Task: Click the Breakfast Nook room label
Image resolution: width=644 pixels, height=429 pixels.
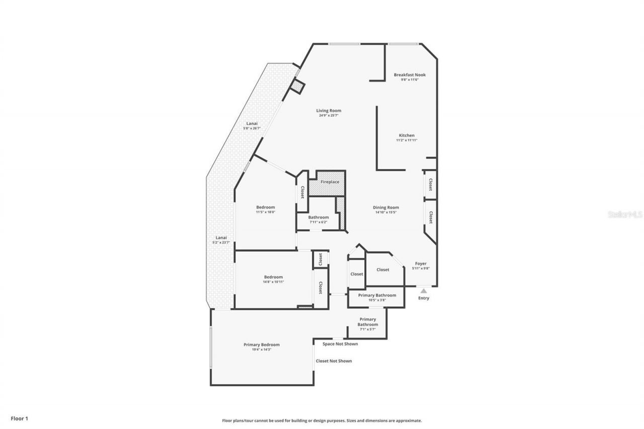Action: click(x=410, y=75)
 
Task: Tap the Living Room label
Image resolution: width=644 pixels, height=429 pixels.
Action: click(x=329, y=111)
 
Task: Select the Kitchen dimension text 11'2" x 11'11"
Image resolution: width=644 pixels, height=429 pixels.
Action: click(x=407, y=140)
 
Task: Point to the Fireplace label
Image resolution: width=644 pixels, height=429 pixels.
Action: click(x=330, y=182)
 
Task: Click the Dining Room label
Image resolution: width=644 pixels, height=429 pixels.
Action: click(x=386, y=207)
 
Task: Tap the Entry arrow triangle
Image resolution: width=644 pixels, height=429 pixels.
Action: click(x=424, y=291)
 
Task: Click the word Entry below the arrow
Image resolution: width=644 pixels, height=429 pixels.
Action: click(x=424, y=298)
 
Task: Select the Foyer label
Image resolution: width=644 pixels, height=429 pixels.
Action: click(x=421, y=264)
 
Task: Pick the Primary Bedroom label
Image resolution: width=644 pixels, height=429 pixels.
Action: click(x=262, y=345)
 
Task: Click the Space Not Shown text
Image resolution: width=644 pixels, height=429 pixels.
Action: click(x=340, y=344)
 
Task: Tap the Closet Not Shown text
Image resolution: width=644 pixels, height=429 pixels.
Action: click(x=334, y=361)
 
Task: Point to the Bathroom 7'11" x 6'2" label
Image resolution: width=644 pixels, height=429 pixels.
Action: click(x=318, y=217)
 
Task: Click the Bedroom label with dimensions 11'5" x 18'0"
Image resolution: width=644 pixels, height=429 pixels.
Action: click(x=266, y=207)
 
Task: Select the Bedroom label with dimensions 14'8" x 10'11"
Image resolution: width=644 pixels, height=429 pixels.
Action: click(x=274, y=277)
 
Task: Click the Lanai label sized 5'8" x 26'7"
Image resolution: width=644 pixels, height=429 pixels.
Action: click(x=252, y=124)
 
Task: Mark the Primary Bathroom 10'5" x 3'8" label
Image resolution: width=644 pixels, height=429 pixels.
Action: click(x=377, y=295)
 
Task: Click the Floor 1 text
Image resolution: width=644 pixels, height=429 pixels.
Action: click(x=19, y=418)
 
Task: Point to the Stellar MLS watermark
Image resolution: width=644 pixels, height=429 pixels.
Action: click(x=625, y=214)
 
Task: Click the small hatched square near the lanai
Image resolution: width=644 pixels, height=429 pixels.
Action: click(x=297, y=87)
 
